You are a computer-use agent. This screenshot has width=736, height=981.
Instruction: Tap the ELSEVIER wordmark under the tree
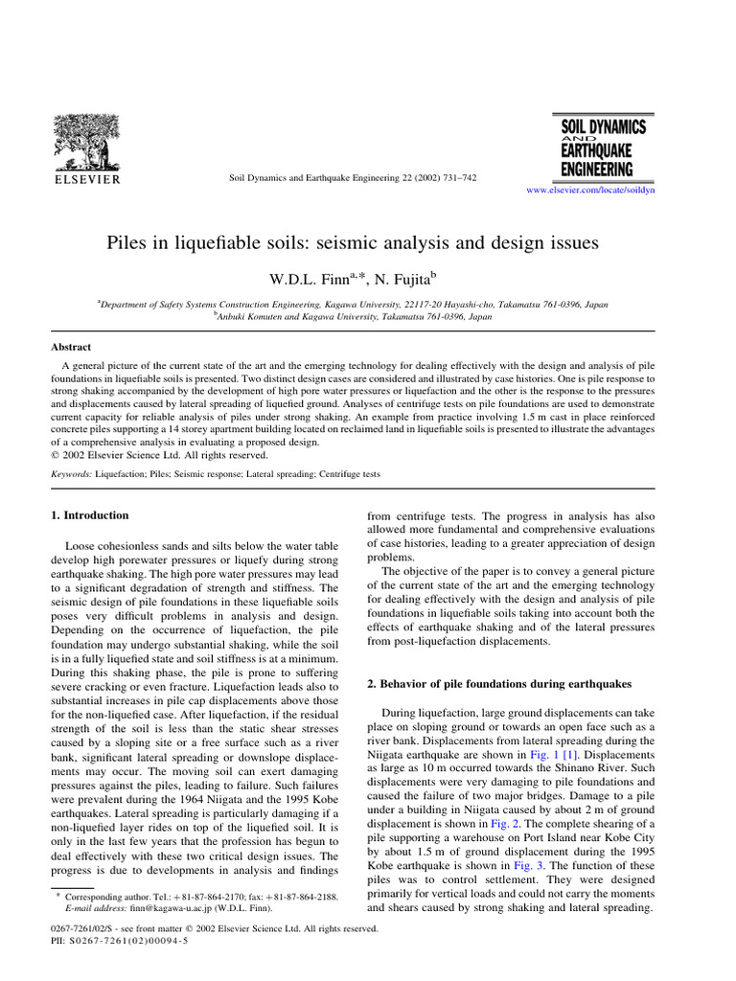coord(86,179)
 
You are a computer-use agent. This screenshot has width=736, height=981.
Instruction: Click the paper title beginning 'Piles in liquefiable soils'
coord(352,243)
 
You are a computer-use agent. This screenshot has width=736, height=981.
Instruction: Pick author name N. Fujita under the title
coord(402,279)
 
